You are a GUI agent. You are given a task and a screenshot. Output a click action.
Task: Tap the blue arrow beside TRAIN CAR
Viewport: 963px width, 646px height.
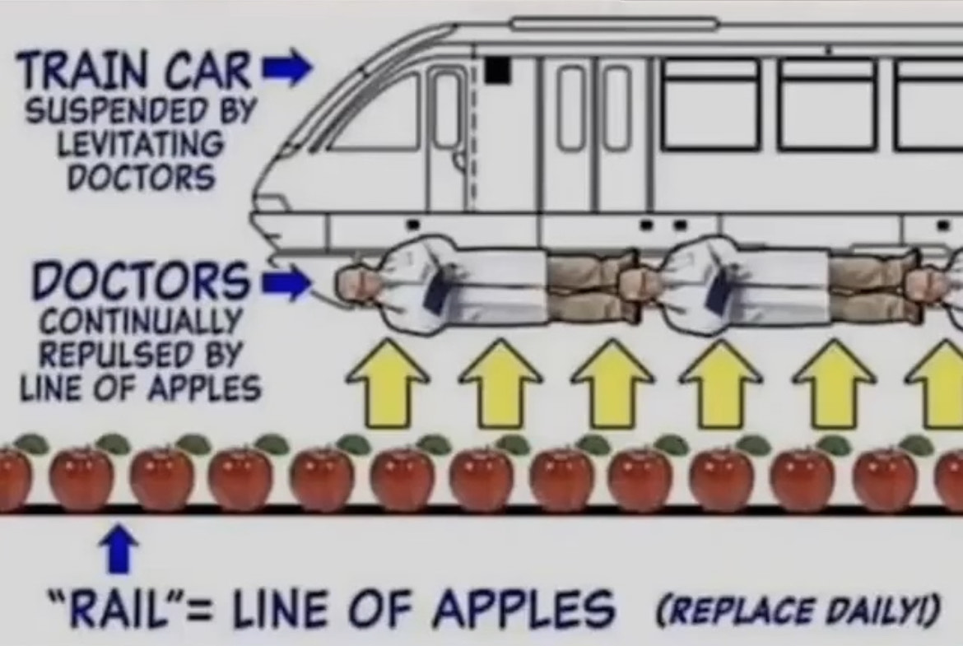pyautogui.click(x=286, y=67)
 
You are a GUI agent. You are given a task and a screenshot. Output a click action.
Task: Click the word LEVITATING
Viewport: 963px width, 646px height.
pyautogui.click(x=141, y=144)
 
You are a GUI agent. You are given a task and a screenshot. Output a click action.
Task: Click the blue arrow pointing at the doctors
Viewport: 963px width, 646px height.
pyautogui.click(x=286, y=282)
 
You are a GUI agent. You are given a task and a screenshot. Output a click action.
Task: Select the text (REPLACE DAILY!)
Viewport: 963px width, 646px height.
pyautogui.click(x=798, y=609)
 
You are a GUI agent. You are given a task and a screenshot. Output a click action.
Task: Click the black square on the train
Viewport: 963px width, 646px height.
pyautogui.click(x=497, y=69)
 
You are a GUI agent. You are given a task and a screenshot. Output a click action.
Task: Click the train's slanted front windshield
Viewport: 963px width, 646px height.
pyautogui.click(x=379, y=114)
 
